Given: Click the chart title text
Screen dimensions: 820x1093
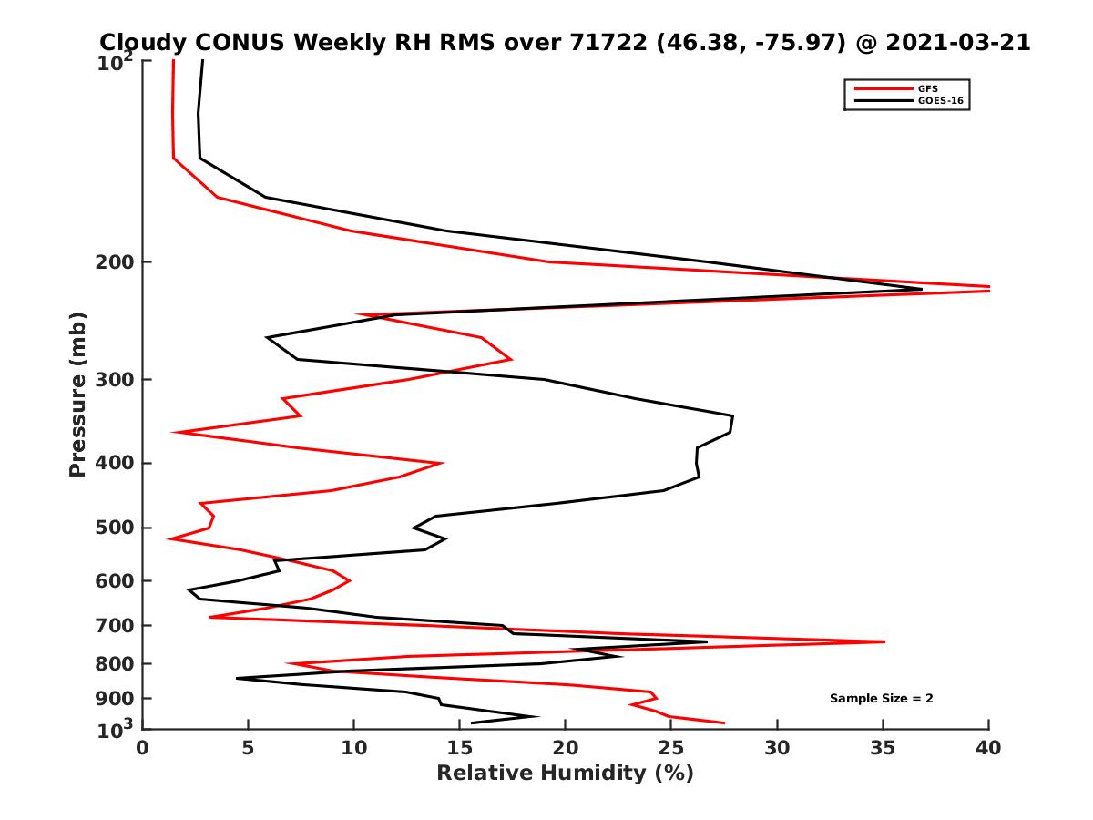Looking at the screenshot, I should (x=565, y=42).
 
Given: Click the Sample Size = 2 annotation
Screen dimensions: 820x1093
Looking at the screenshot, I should (x=881, y=698).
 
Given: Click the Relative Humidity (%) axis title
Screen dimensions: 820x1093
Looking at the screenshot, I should (x=565, y=774).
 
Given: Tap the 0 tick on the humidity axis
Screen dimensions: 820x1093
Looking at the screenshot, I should (x=143, y=748).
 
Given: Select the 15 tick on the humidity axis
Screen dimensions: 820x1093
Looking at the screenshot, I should (x=459, y=748).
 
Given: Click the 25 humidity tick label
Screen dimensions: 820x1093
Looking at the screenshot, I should (x=670, y=748).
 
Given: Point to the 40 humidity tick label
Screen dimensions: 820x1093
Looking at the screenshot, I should (x=988, y=748).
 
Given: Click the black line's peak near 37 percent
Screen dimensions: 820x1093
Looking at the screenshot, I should (x=922, y=289).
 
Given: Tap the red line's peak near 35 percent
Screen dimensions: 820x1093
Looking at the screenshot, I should (x=884, y=642).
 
